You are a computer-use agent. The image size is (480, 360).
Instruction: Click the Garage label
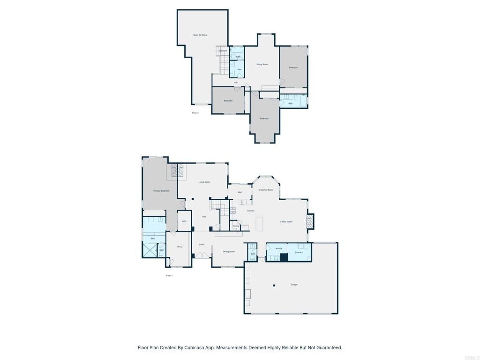point(294,285)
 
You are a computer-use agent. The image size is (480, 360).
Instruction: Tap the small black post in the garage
point(274,285)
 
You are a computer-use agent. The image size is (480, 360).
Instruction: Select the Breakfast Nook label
point(265,190)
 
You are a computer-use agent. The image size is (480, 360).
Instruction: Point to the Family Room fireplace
point(309,221)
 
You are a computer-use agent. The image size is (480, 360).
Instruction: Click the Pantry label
point(236,226)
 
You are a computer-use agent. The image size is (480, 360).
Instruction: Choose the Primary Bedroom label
point(161,191)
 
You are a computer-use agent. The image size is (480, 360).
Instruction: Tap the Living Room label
point(204,182)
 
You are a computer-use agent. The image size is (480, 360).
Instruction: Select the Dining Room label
point(229,252)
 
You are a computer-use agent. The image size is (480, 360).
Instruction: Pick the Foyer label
point(202,244)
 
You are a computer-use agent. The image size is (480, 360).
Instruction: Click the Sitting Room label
point(262,64)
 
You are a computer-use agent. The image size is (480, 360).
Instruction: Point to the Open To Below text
point(200,35)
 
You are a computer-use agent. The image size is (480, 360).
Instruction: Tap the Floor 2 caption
point(195,113)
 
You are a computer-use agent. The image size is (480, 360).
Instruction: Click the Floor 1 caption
point(169,276)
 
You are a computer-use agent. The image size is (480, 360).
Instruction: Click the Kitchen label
point(251,211)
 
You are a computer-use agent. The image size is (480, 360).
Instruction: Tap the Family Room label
point(286,222)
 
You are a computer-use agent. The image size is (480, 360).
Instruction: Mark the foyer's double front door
point(202,255)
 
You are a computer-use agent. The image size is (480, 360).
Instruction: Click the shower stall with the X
point(150,250)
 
